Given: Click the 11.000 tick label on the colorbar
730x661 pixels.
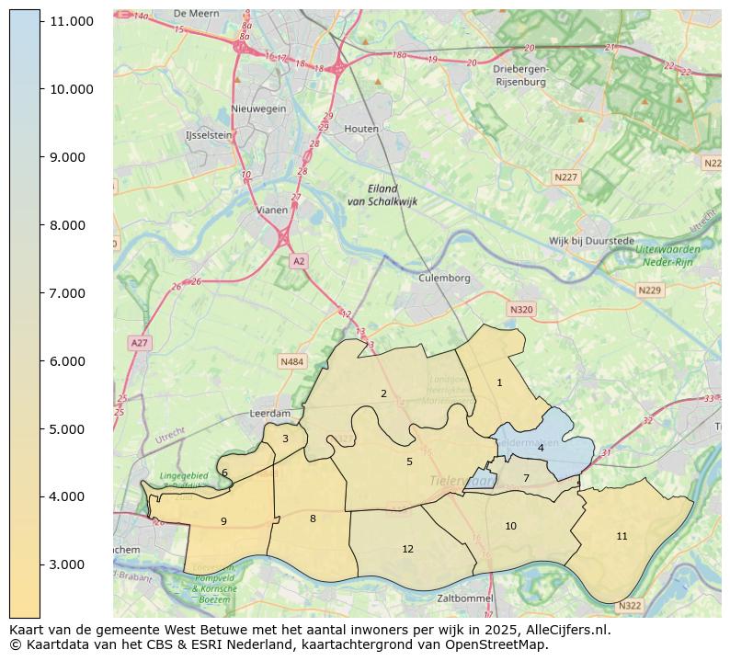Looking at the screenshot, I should pyautogui.click(x=72, y=20).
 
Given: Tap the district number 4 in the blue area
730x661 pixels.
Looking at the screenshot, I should pyautogui.click(x=541, y=448).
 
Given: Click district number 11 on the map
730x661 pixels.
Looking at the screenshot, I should pyautogui.click(x=622, y=536).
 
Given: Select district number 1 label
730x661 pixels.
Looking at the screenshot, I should pyautogui.click(x=499, y=382).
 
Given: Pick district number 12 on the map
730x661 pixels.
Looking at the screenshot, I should pyautogui.click(x=407, y=549).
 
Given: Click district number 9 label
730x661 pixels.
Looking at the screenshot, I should pyautogui.click(x=223, y=521).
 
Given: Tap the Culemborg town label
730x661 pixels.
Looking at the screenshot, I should pyautogui.click(x=444, y=278).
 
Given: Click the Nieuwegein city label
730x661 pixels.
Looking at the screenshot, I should pyautogui.click(x=258, y=108).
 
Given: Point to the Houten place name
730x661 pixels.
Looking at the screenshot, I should pyautogui.click(x=361, y=130).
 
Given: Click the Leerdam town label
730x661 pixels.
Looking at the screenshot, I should pyautogui.click(x=270, y=414).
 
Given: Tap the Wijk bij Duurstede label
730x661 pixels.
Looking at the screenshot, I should pyautogui.click(x=591, y=241).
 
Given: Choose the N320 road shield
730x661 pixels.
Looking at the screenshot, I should pyautogui.click(x=520, y=310).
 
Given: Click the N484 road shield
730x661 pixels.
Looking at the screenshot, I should pyautogui.click(x=291, y=361).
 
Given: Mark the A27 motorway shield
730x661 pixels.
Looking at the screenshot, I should pyautogui.click(x=139, y=343).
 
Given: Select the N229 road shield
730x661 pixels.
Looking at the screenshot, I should pyautogui.click(x=650, y=290).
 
